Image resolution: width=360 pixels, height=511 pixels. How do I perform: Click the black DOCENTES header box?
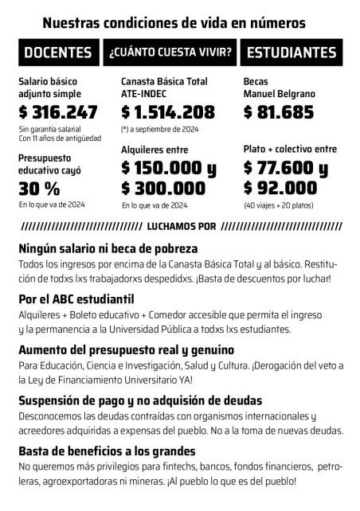coord(58,53)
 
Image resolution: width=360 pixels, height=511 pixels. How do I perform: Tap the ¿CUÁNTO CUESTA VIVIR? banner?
coord(171,53)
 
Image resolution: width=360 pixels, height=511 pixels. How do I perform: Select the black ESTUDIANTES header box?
coord(292,53)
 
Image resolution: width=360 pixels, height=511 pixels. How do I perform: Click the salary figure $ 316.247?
coord(58,111)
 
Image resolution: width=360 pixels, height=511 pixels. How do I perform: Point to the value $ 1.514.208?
coord(168,111)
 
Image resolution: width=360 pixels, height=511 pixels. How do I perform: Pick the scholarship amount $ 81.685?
coord(279,111)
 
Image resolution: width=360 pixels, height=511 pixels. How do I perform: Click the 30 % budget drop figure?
coord(39,189)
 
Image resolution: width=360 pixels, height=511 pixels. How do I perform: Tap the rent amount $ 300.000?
coord(163,189)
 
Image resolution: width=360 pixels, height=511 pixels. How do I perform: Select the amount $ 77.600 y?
coord(286,168)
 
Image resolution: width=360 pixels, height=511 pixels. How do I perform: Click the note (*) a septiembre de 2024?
coord(160,129)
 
